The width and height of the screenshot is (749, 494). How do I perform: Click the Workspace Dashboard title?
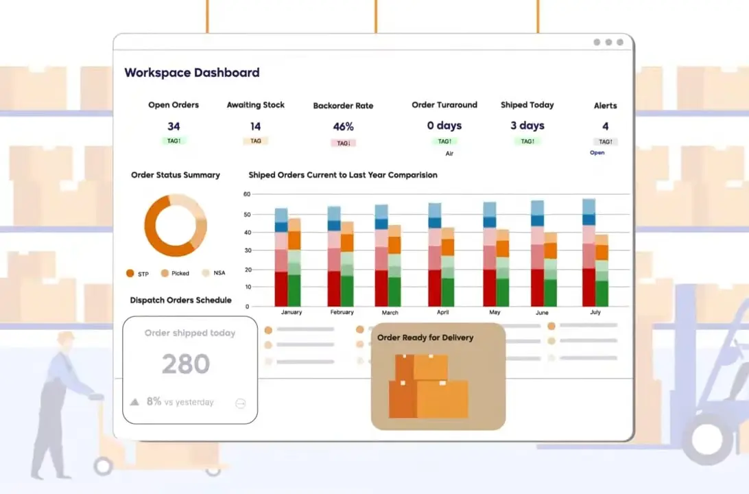point(192,73)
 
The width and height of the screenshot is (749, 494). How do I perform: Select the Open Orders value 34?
point(174,126)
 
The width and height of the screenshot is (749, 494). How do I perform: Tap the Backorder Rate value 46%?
point(343,127)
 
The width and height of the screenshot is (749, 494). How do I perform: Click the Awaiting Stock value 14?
point(255,126)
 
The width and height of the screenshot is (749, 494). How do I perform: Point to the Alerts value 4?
point(605,126)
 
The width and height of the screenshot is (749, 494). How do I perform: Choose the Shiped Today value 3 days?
point(527,126)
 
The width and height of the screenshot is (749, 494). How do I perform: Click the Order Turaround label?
point(444,105)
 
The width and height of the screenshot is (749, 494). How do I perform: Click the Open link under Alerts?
point(597,152)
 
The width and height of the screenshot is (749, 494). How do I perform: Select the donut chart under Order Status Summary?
point(175,225)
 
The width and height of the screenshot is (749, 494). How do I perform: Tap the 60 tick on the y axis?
point(247,194)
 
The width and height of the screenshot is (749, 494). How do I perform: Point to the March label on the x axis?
point(390,313)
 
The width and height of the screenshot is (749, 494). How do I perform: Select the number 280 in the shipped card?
point(186,364)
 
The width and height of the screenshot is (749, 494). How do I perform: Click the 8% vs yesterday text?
point(180,402)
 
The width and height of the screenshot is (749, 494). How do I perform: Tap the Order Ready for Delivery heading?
point(425,338)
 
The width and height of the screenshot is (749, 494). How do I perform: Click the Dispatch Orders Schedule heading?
point(180,300)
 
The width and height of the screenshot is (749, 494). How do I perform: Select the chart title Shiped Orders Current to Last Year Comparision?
point(343,175)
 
